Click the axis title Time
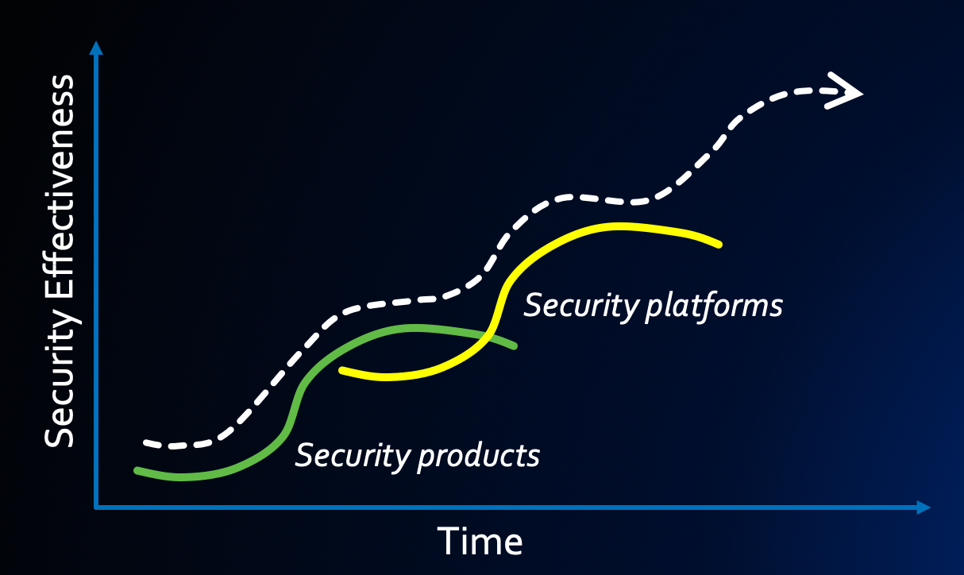pyautogui.click(x=480, y=542)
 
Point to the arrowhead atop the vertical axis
pyautogui.click(x=96, y=48)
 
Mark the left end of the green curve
pyautogui.click(x=137, y=470)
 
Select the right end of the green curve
pyautogui.click(x=515, y=346)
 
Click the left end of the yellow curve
pyautogui.click(x=341, y=370)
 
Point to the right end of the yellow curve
pyautogui.click(x=719, y=245)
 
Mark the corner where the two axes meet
pyautogui.click(x=96, y=506)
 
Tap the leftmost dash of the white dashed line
pyautogui.click(x=154, y=442)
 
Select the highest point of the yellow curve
pyautogui.click(x=619, y=226)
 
